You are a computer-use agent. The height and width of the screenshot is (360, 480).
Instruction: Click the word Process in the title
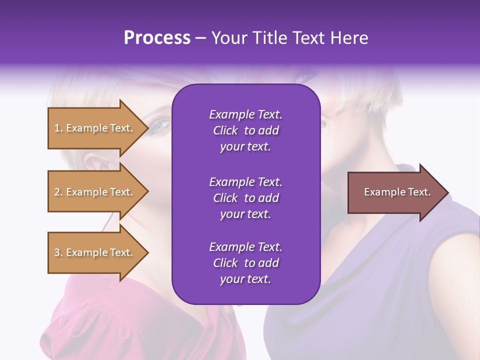(x=157, y=38)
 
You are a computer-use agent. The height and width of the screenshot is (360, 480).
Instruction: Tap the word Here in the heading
(x=349, y=38)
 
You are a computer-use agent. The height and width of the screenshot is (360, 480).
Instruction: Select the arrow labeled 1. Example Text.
(x=94, y=128)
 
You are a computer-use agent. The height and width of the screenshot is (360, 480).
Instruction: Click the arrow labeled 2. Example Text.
(x=94, y=192)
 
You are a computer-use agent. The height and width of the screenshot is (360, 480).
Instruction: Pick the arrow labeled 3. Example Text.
(x=94, y=252)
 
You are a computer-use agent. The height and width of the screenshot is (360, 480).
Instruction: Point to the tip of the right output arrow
(x=447, y=192)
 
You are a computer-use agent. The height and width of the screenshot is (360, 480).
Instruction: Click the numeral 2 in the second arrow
(x=57, y=192)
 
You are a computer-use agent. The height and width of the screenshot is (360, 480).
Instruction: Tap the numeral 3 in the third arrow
(x=57, y=252)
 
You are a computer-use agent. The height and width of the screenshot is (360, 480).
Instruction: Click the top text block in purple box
(x=245, y=130)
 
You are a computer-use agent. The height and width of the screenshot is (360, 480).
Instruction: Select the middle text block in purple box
(x=245, y=198)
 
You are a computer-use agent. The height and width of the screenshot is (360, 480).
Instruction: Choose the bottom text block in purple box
(x=245, y=263)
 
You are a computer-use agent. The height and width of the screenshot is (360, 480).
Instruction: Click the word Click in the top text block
(x=225, y=130)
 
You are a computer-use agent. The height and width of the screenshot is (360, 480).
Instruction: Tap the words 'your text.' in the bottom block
(x=245, y=279)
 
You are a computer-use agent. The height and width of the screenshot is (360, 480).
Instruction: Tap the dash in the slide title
(x=200, y=38)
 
